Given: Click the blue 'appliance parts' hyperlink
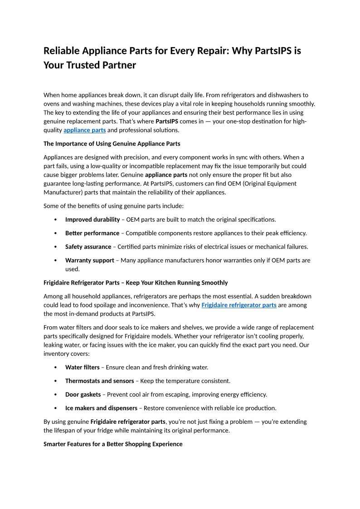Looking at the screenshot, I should pyautogui.click(x=84, y=130).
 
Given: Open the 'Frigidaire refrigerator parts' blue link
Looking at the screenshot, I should pyautogui.click(x=238, y=305).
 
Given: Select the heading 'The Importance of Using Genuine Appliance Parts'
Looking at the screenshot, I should pyautogui.click(x=112, y=144).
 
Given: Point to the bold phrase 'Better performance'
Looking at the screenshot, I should pyautogui.click(x=92, y=233).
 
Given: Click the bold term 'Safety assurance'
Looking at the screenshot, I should pyautogui.click(x=88, y=247).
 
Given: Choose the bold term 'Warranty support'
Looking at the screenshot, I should pyautogui.click(x=90, y=260).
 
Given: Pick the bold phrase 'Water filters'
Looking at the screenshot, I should pyautogui.click(x=82, y=367).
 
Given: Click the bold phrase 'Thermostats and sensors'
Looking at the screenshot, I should pyautogui.click(x=100, y=381).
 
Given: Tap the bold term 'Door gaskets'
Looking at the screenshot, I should pyautogui.click(x=83, y=394).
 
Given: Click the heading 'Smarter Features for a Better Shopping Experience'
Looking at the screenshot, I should pyautogui.click(x=113, y=444).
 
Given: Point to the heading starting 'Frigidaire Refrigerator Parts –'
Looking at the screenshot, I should pyautogui.click(x=136, y=282).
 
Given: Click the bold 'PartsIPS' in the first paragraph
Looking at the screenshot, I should pyautogui.click(x=167, y=121).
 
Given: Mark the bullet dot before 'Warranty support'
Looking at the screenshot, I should pyautogui.click(x=55, y=261).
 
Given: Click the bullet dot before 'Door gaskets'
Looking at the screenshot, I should pyautogui.click(x=55, y=395).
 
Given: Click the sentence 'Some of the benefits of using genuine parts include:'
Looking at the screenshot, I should pyautogui.click(x=113, y=206).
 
